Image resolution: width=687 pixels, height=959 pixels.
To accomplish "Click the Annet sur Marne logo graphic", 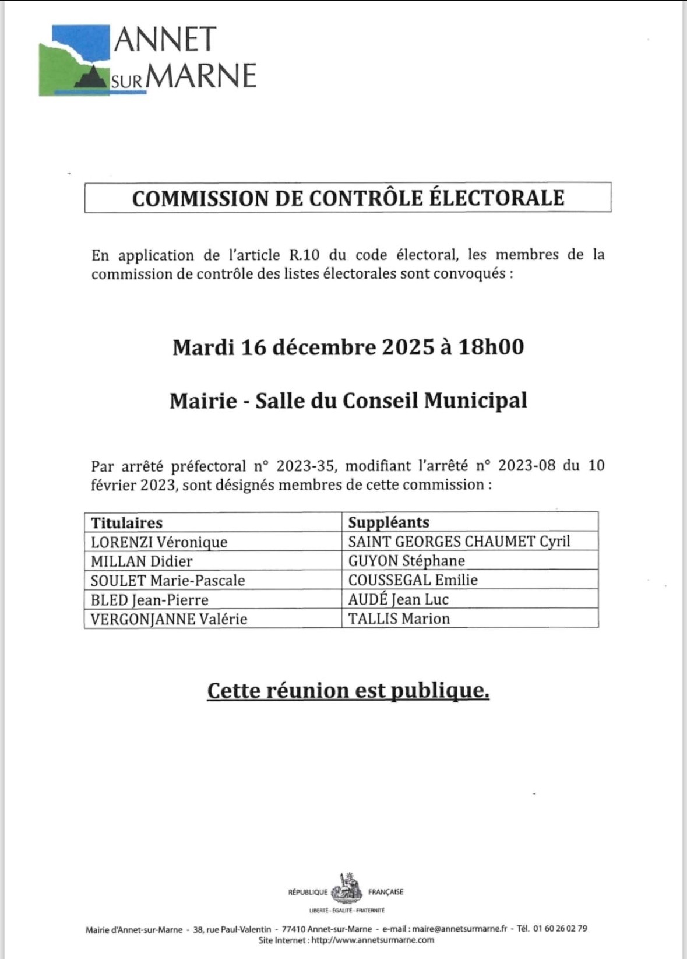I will [x=75, y=60].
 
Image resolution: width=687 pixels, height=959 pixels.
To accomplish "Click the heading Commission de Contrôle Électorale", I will [x=348, y=198].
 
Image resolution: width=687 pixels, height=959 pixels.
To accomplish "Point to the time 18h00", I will [x=491, y=347].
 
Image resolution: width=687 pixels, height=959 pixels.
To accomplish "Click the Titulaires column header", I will [x=126, y=522].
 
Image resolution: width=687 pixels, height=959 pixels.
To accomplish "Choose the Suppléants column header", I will [x=388, y=522].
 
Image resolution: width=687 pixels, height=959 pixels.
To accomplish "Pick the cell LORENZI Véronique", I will [x=159, y=542].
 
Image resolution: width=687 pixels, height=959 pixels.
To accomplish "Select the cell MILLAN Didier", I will [x=142, y=561].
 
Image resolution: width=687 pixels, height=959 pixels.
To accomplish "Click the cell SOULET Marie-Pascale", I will [x=168, y=581].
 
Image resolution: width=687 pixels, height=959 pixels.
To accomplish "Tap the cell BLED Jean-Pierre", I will [x=149, y=600].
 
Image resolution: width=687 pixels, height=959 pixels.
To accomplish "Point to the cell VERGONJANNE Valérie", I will [x=169, y=619].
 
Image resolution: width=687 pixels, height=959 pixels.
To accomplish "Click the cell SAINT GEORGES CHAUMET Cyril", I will [x=459, y=542].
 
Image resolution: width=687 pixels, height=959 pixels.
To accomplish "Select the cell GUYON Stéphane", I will [x=406, y=561].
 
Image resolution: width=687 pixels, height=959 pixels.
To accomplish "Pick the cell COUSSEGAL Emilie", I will [x=413, y=580].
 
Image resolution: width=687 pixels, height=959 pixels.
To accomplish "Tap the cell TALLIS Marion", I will [x=399, y=619].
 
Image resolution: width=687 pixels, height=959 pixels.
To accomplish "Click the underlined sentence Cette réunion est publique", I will [x=348, y=691].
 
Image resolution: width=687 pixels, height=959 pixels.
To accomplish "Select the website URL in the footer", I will [x=372, y=940].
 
